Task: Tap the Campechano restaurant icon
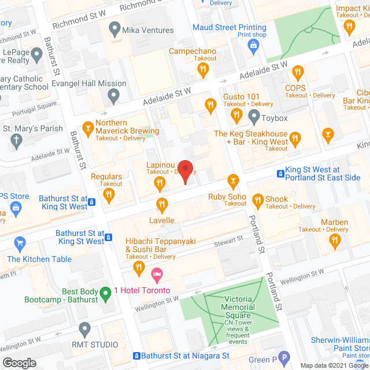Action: coord(202,71)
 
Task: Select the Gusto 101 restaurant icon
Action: coord(210,105)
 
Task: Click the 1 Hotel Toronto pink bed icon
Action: coord(156,273)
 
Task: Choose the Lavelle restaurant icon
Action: coord(162,204)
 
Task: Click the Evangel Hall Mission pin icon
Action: coord(114,95)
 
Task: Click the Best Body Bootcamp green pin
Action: coord(105,294)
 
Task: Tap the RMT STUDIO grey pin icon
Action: coord(85,330)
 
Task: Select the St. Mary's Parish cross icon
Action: coord(16,139)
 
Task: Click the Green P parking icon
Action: coord(283,358)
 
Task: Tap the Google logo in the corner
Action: coord(19,362)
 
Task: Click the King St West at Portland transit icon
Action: coord(280,173)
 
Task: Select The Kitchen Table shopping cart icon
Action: coord(20,243)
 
